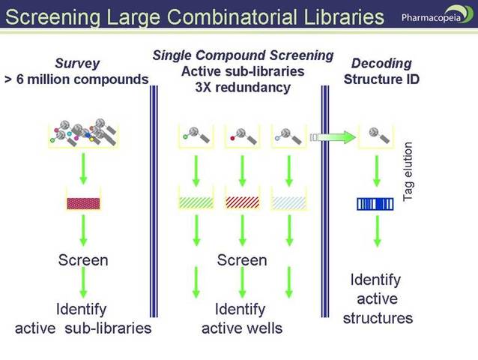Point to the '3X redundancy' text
coord(242,86)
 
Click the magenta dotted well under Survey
coord(83,202)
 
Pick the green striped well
coord(196,202)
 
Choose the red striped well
coord(242,202)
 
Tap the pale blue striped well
coord(288,202)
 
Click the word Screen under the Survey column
coord(83,260)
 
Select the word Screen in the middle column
coord(242,260)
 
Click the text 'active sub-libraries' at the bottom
coord(83,328)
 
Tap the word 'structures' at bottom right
coord(378,318)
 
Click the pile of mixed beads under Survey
coord(83,131)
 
